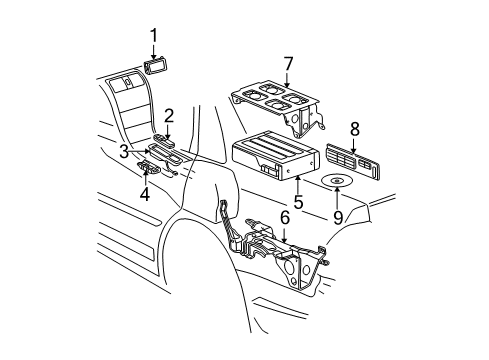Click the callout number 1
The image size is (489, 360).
(x=153, y=37)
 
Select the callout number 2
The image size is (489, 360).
(x=170, y=115)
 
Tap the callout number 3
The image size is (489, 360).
(x=125, y=151)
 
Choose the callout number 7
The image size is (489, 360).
(x=288, y=65)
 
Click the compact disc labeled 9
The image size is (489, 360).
(x=338, y=183)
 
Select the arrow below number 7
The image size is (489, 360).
(x=288, y=80)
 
